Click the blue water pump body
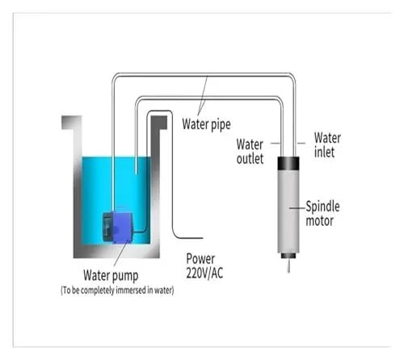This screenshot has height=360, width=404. (123, 227)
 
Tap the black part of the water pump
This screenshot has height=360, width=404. (107, 226)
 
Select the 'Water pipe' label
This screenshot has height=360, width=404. (206, 124)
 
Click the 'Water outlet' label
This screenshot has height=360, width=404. (250, 152)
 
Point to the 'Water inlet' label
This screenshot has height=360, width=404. (327, 144)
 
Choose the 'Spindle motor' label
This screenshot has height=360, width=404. (322, 214)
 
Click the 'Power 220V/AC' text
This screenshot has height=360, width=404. (204, 266)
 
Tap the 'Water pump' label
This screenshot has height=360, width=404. (111, 275)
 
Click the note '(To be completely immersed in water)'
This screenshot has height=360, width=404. (117, 291)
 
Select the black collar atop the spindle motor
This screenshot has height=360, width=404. (288, 163)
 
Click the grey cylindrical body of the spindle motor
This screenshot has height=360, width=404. (288, 211)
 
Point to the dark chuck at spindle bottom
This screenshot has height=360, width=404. (288, 256)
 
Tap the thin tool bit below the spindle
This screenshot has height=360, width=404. (288, 266)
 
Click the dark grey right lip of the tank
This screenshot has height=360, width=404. (158, 123)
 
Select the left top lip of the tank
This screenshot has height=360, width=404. (72, 123)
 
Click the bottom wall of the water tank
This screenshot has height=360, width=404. (116, 252)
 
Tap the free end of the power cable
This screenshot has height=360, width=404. (202, 238)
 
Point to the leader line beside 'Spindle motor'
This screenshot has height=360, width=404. (297, 207)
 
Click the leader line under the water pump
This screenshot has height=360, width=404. (120, 254)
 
